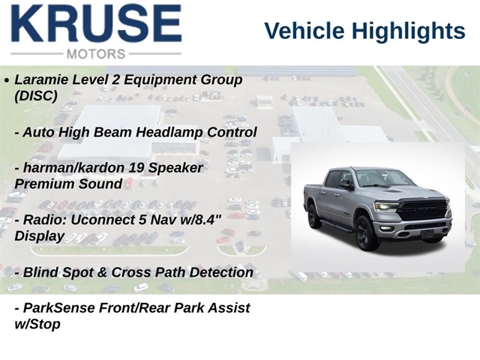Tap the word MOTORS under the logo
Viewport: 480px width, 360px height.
point(96,54)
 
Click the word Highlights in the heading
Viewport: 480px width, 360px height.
point(408,31)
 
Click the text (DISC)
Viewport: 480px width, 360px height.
point(36,96)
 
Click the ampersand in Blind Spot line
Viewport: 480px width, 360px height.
point(102,272)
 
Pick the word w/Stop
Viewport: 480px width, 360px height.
point(37,324)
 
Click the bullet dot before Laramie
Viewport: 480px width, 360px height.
point(7,80)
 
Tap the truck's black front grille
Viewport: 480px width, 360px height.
point(424,209)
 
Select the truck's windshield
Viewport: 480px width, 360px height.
point(379,178)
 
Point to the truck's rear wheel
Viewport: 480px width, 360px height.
point(313,217)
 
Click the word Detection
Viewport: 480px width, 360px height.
point(221,272)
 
